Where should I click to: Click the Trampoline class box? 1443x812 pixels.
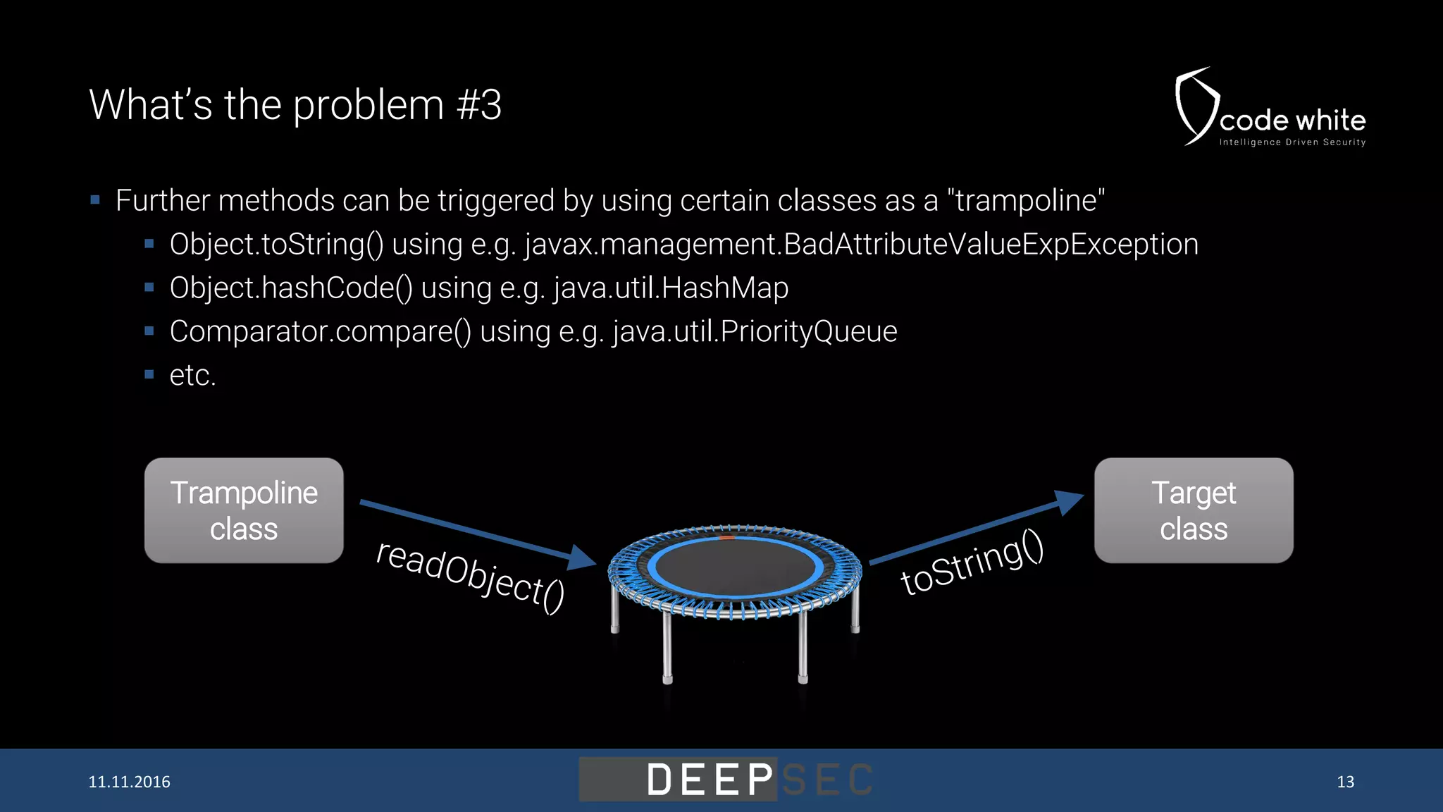tap(244, 510)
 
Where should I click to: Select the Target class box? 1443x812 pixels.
tap(1194, 510)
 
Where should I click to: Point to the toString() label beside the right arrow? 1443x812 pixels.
tap(972, 562)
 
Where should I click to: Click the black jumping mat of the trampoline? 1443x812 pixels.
tap(734, 567)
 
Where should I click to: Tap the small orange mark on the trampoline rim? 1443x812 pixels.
tap(726, 538)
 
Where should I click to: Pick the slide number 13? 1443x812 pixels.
tap(1345, 782)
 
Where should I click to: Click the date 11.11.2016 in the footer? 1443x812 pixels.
tap(129, 782)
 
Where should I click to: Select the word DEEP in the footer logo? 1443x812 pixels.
tap(710, 780)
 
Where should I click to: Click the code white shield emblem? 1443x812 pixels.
tap(1195, 106)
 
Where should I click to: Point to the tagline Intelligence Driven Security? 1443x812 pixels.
tap(1292, 142)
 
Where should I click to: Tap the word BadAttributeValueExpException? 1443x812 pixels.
tap(991, 245)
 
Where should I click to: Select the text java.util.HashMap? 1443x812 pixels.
tap(671, 288)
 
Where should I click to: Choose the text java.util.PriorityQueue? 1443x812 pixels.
tap(755, 332)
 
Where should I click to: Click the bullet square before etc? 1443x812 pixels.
tap(149, 374)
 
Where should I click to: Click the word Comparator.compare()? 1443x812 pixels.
tap(321, 332)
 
